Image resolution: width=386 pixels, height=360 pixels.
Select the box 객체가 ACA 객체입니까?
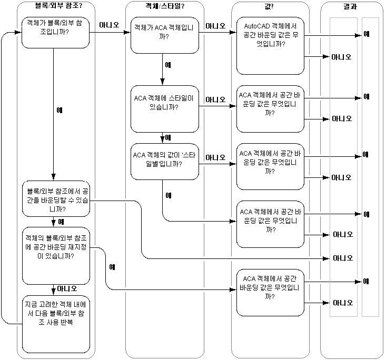tap(164, 35)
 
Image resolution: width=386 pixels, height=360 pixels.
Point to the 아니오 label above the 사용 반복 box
tap(67, 288)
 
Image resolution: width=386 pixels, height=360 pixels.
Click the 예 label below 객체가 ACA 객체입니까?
tap(168, 65)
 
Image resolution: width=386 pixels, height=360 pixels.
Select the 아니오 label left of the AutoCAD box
tap(216, 25)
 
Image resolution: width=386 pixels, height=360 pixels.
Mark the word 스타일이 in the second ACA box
tap(184, 97)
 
